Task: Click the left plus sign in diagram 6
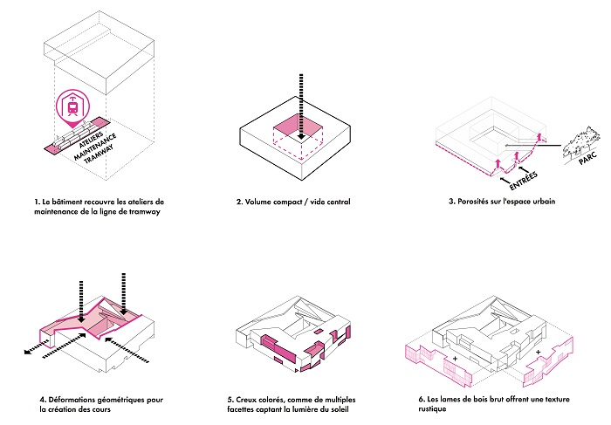tap(454, 360)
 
